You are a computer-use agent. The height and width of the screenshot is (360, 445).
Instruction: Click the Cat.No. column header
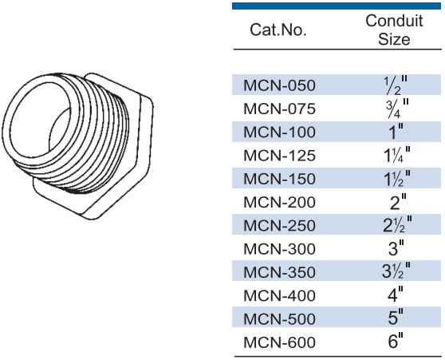pyautogui.click(x=278, y=30)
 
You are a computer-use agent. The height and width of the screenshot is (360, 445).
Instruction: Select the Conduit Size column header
pyautogui.click(x=394, y=30)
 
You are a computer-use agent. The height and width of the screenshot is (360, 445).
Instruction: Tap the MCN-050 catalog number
pyautogui.click(x=279, y=85)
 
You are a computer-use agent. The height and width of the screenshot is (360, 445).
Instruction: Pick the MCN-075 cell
pyautogui.click(x=279, y=109)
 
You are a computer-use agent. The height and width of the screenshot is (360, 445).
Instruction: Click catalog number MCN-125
pyautogui.click(x=279, y=156)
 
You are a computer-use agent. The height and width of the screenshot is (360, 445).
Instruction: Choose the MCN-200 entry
pyautogui.click(x=279, y=202)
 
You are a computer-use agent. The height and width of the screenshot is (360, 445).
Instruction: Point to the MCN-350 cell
pyautogui.click(x=279, y=272)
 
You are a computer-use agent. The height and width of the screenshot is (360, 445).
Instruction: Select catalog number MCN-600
pyautogui.click(x=279, y=342)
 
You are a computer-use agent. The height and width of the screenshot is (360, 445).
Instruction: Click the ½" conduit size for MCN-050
pyautogui.click(x=396, y=85)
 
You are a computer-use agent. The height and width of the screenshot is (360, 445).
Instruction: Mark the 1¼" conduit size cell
pyautogui.click(x=397, y=155)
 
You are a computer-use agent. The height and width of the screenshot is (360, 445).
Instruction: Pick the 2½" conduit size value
pyautogui.click(x=397, y=225)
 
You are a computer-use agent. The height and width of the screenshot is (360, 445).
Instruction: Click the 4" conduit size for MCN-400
pyautogui.click(x=396, y=294)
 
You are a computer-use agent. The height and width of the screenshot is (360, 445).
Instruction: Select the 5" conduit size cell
pyautogui.click(x=396, y=318)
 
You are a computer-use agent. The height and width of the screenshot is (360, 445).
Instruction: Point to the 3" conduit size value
pyautogui.click(x=396, y=247)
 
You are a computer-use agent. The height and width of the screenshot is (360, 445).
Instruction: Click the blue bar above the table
pyautogui.click(x=337, y=6)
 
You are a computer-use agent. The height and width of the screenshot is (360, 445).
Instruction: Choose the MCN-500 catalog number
pyautogui.click(x=279, y=318)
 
